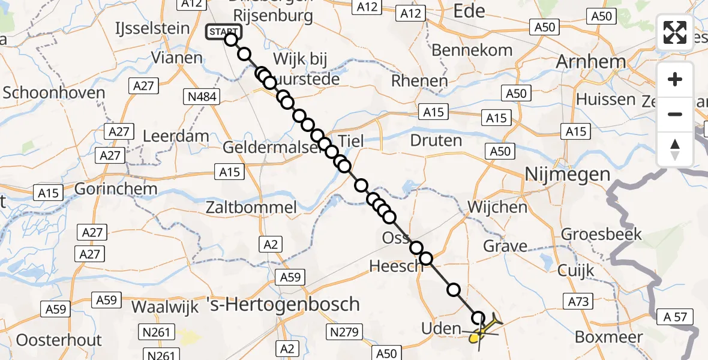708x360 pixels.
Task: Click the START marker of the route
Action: click(x=223, y=32)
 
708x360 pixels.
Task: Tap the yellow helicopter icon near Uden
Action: click(x=483, y=331)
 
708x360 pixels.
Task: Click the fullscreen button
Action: click(x=675, y=32)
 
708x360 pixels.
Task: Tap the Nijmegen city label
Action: click(x=567, y=175)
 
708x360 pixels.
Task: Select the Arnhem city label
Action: click(x=591, y=61)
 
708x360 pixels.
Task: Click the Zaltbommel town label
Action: click(x=251, y=208)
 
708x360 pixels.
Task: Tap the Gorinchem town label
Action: click(x=116, y=188)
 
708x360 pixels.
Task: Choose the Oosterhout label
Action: click(x=59, y=340)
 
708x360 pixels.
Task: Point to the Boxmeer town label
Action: click(x=608, y=337)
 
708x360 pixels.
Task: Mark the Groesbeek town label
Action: click(x=601, y=234)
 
